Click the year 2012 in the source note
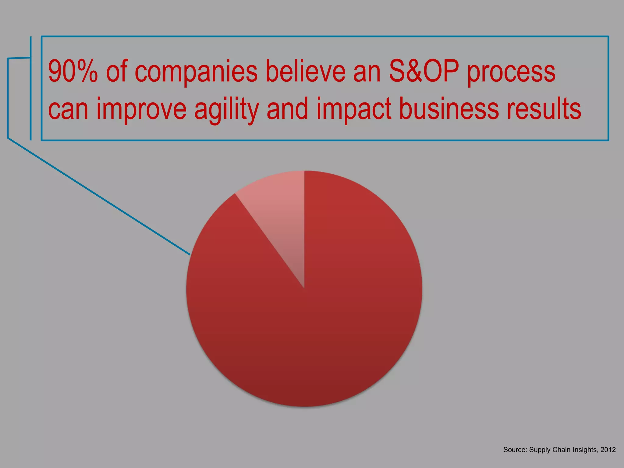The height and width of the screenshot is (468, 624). point(608,450)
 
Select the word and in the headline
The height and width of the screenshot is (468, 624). point(287,109)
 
